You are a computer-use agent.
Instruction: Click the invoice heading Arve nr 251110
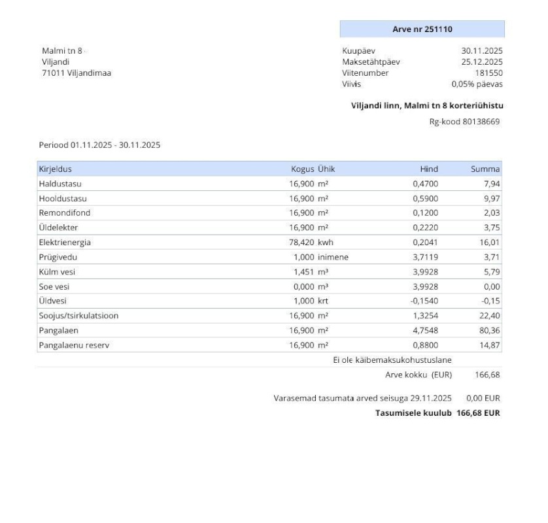(x=422, y=29)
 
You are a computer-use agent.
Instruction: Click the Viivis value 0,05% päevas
(x=477, y=84)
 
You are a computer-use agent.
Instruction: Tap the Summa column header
(x=486, y=169)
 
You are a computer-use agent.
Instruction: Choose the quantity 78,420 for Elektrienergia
(x=301, y=242)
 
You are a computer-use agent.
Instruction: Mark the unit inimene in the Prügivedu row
(x=334, y=256)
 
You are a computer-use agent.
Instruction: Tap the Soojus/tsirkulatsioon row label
(x=78, y=315)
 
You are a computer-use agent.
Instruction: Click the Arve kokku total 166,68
(x=486, y=375)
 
